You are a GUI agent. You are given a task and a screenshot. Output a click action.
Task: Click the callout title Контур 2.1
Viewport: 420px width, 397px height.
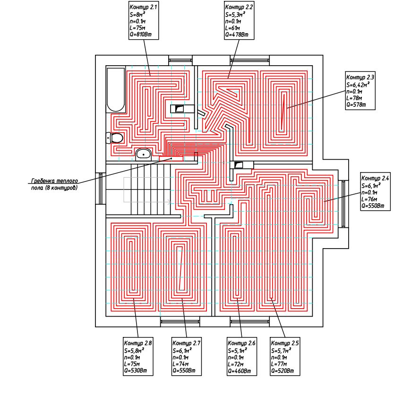tap(143, 8)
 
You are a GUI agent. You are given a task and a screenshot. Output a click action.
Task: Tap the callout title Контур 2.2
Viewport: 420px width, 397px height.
tap(239, 8)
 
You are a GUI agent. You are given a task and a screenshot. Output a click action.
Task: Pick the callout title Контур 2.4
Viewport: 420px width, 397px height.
tap(375, 178)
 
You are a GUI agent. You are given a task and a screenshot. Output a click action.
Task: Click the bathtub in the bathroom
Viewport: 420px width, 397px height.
tap(116, 90)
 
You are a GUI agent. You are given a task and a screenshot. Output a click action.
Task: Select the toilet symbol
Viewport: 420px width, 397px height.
tap(115, 138)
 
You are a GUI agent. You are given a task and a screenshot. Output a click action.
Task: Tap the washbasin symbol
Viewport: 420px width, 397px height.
tap(143, 154)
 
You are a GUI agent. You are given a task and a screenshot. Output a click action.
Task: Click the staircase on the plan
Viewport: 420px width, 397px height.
tap(142, 189)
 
